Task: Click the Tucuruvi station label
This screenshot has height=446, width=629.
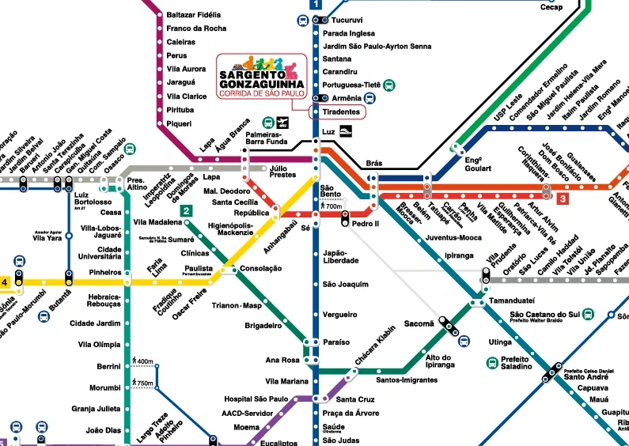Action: pyautogui.click(x=347, y=20)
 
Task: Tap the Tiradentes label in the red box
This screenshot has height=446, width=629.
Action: pyautogui.click(x=341, y=112)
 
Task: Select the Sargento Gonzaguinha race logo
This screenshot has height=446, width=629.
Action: pyautogui.click(x=261, y=77)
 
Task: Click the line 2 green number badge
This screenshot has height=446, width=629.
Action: pyautogui.click(x=185, y=210)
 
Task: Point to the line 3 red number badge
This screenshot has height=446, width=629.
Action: pyautogui.click(x=563, y=199)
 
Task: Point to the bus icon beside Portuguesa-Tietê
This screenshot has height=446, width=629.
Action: pyautogui.click(x=390, y=85)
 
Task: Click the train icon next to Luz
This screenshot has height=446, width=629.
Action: pyautogui.click(x=347, y=132)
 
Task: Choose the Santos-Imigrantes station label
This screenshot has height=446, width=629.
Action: pyautogui.click(x=407, y=380)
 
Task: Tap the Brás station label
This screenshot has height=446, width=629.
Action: pyautogui.click(x=374, y=164)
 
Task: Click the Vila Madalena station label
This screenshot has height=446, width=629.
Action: pyautogui.click(x=158, y=222)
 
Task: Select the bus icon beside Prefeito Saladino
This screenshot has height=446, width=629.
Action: pyautogui.click(x=491, y=362)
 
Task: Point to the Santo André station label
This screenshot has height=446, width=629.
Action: pyautogui.click(x=580, y=376)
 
